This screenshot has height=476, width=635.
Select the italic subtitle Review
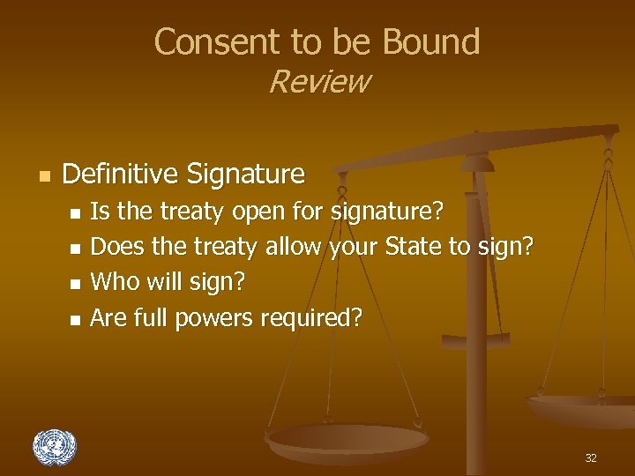(318, 82)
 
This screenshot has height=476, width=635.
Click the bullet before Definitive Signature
(41, 175)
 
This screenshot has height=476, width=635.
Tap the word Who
(112, 282)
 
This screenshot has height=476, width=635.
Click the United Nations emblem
(55, 448)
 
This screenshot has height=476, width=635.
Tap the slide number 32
(591, 458)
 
